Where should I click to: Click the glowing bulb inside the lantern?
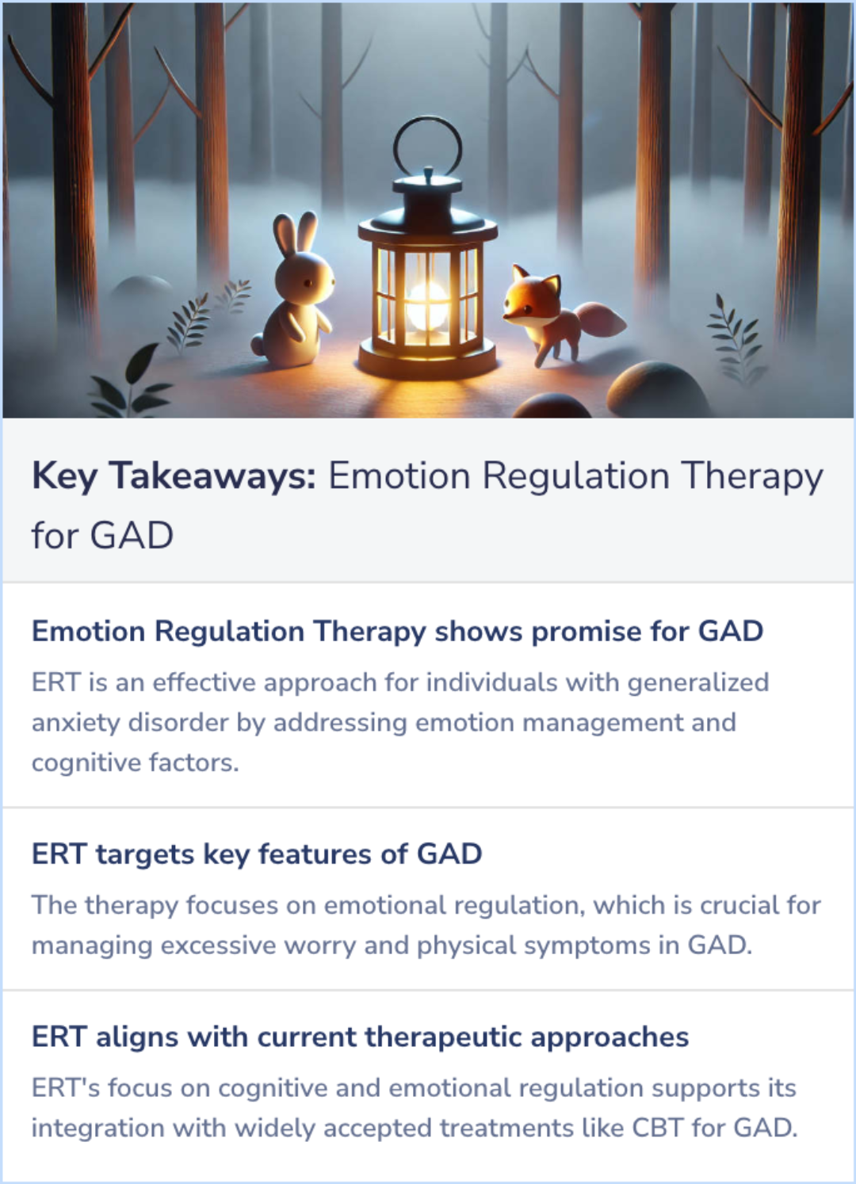(427, 305)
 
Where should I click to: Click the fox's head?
(529, 298)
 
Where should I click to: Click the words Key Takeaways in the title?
(174, 476)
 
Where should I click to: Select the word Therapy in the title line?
(752, 476)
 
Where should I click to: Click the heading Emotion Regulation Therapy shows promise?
(397, 632)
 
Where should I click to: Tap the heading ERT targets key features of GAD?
(257, 854)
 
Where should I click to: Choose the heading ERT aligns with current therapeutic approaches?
(360, 1037)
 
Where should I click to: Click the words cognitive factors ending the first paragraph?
(135, 762)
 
